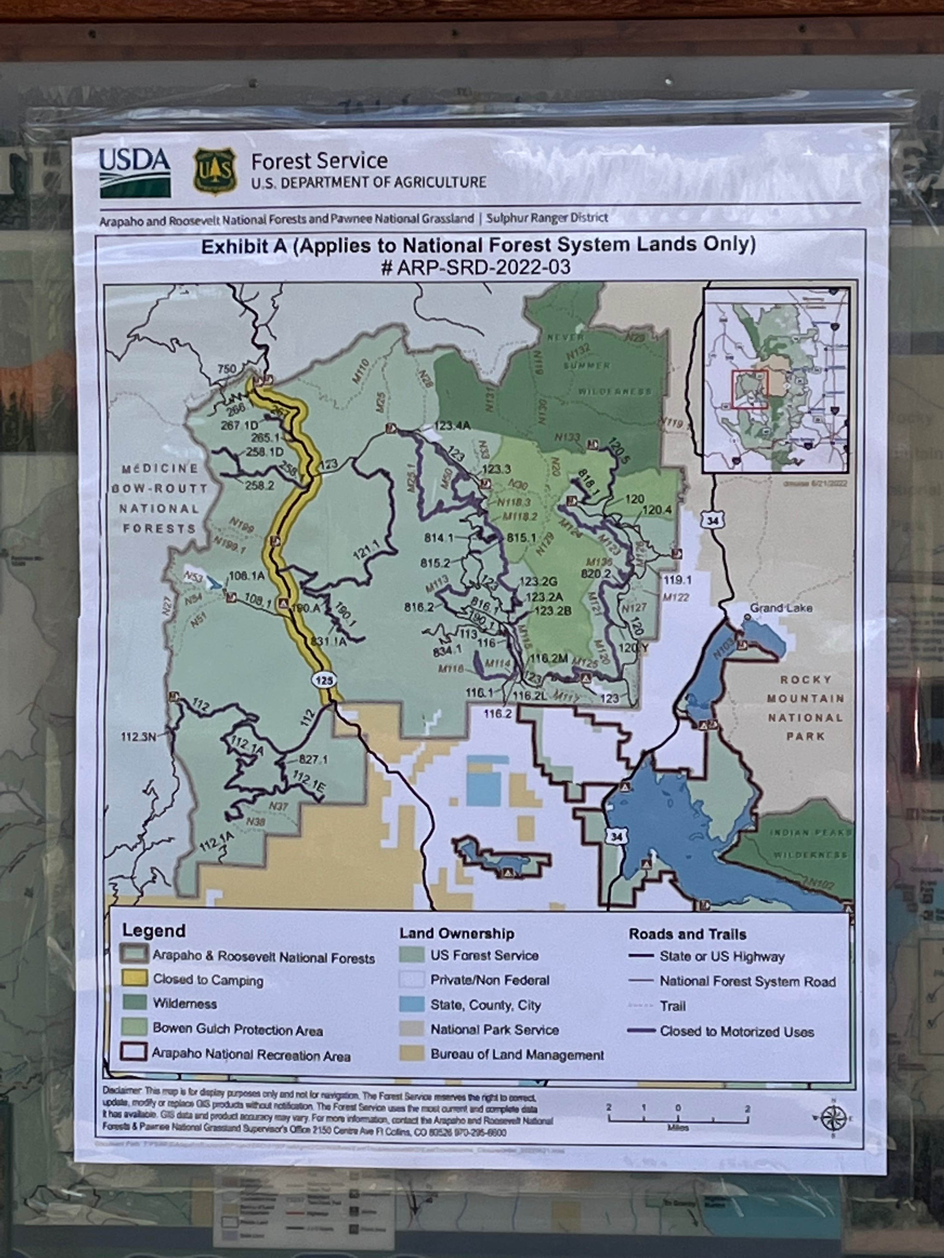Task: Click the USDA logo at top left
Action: click(135, 172)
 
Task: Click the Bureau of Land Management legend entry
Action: click(517, 1055)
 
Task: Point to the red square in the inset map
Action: click(750, 389)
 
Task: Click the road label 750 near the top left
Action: click(226, 369)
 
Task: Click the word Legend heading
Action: click(154, 931)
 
